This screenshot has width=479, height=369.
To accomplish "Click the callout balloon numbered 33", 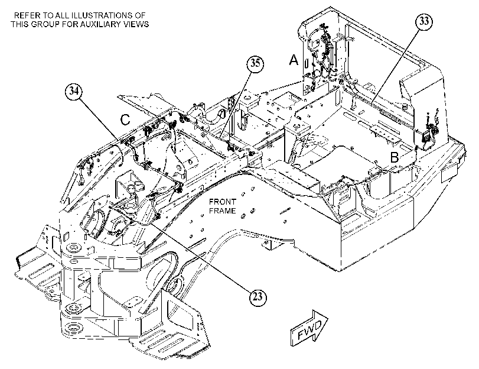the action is pos(424,22).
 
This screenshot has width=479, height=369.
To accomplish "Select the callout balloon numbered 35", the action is pos(255,64).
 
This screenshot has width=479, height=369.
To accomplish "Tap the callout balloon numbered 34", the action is pos(74,91).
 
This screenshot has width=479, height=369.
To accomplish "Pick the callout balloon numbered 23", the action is pos(258,297).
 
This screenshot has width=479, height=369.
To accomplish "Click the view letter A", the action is pos(294,60).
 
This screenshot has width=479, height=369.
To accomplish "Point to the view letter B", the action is pos(395,157).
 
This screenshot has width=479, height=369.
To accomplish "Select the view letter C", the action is pos(125,119).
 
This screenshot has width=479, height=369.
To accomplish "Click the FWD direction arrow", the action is pos(308,328).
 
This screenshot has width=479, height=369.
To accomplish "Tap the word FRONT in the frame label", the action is pos(223,202).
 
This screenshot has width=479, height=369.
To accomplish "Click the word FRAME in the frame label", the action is pos(223,211).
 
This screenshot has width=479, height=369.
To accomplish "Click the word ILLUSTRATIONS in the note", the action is pos(106,15).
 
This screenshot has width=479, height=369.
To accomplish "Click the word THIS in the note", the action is pos(20,24).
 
